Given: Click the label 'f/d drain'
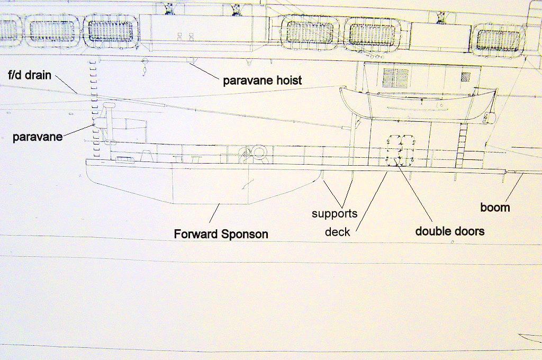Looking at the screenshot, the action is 30,75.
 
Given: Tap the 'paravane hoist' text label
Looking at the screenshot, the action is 263,80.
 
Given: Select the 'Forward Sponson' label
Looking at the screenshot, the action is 221,234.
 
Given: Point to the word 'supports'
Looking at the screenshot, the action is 335,214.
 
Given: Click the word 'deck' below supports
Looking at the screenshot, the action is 338,232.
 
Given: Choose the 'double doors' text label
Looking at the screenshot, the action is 450,231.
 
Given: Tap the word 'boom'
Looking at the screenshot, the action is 495,208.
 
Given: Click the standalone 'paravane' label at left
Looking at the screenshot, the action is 38,137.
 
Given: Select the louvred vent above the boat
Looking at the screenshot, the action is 395,78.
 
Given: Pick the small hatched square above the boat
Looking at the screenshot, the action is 466,76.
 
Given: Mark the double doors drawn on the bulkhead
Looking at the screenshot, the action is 400,149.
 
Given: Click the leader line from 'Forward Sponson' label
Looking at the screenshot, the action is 214,213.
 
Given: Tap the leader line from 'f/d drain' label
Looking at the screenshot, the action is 66,84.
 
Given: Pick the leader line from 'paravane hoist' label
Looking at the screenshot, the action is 205,71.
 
